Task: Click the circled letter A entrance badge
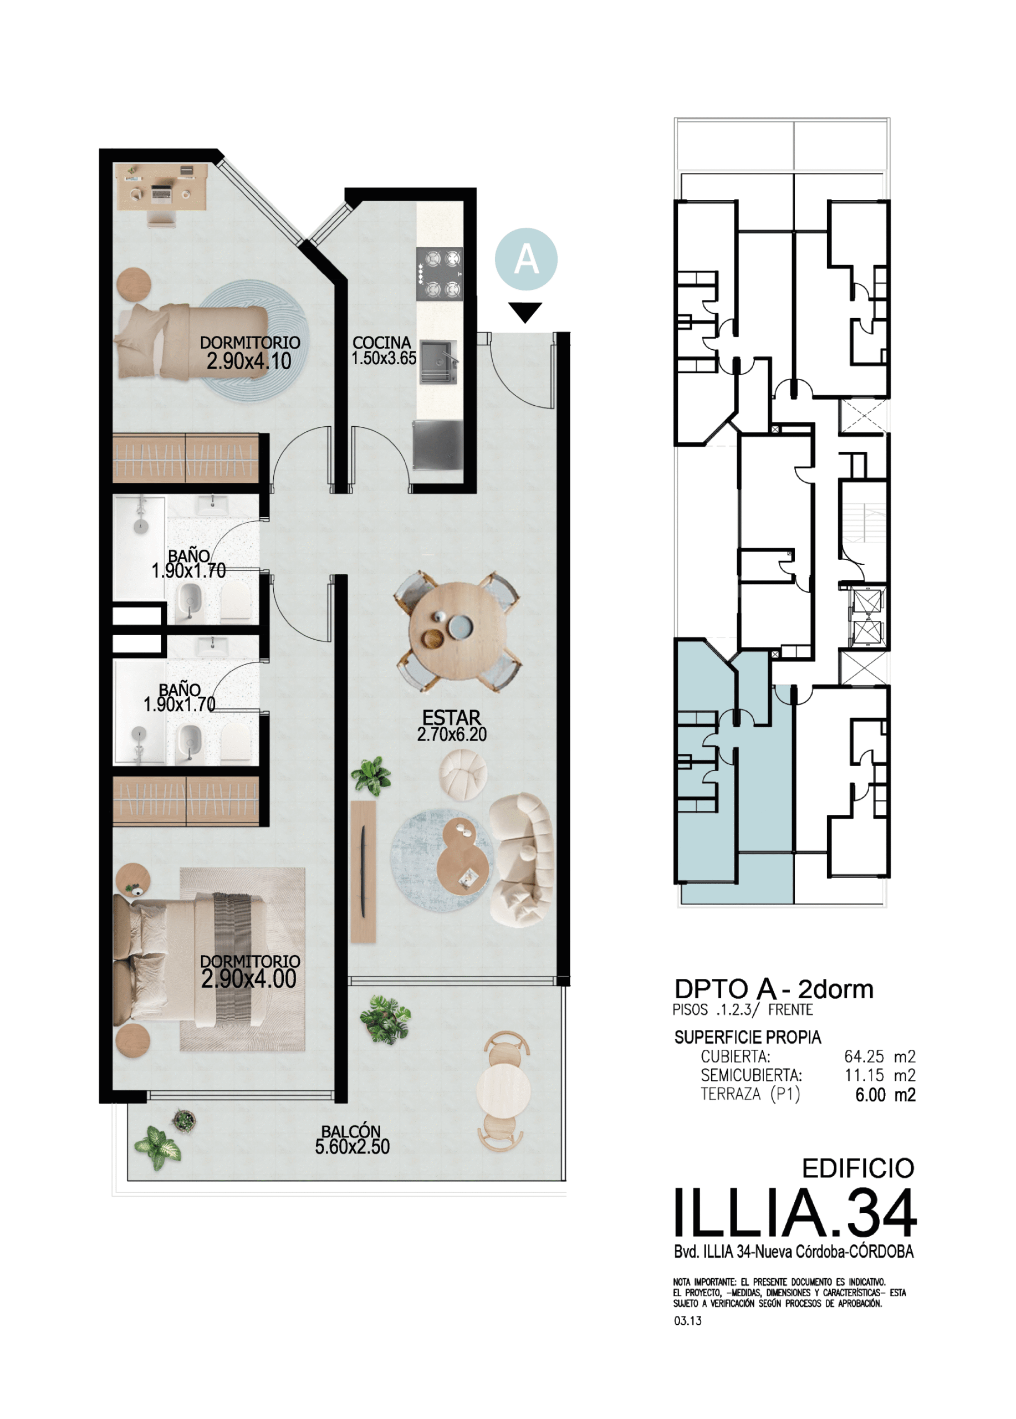click(x=525, y=259)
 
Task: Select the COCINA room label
click(x=382, y=343)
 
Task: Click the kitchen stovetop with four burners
click(x=440, y=273)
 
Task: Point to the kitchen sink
click(x=438, y=361)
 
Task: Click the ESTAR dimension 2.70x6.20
click(x=452, y=734)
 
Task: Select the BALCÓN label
click(x=351, y=1131)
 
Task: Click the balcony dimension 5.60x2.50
click(x=352, y=1147)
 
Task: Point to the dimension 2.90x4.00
click(x=249, y=978)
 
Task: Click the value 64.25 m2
click(x=880, y=1056)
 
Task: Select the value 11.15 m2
click(x=880, y=1075)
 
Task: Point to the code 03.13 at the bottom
click(x=687, y=1321)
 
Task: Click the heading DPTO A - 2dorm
click(x=774, y=989)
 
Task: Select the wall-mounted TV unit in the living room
click(x=364, y=871)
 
